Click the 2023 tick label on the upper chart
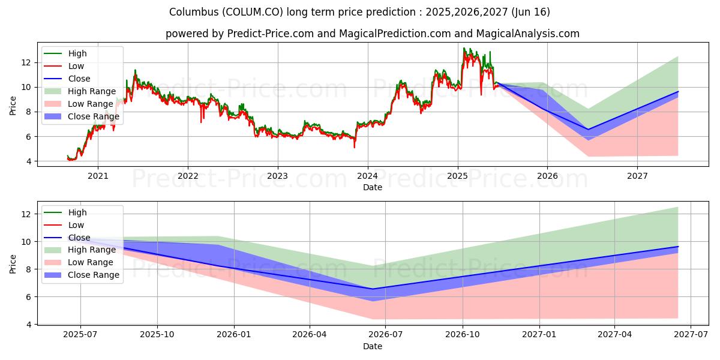[x=277, y=176]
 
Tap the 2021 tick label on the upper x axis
[x=98, y=176]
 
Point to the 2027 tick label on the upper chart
[x=637, y=176]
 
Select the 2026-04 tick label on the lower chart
[x=310, y=335]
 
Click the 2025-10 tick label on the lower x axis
[x=157, y=335]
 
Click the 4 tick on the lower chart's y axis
[x=27, y=325]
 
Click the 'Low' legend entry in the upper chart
[x=76, y=66]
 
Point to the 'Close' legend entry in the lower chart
[x=79, y=238]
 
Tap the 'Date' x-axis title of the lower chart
[x=372, y=346]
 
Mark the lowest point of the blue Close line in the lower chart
[x=373, y=289]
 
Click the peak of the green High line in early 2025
[x=464, y=48]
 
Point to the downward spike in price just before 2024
[x=354, y=147]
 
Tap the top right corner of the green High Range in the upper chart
[x=678, y=56]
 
